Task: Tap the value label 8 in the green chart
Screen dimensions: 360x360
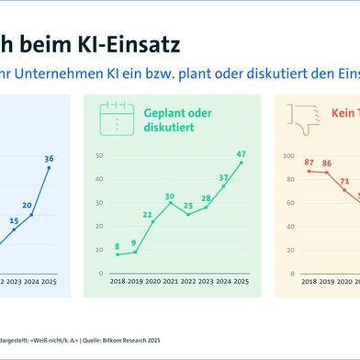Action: (118, 245)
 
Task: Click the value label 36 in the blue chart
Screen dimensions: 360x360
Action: (50, 158)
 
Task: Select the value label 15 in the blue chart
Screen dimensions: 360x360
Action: (13, 220)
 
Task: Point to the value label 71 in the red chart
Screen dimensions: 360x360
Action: (345, 181)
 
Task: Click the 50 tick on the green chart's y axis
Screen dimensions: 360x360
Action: (100, 155)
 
